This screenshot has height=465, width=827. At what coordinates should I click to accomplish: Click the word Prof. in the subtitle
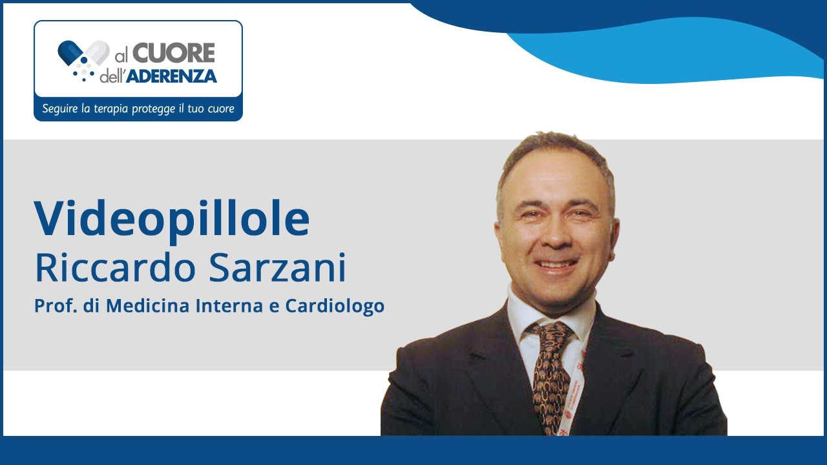(51, 305)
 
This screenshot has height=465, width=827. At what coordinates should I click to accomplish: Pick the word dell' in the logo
(112, 77)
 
